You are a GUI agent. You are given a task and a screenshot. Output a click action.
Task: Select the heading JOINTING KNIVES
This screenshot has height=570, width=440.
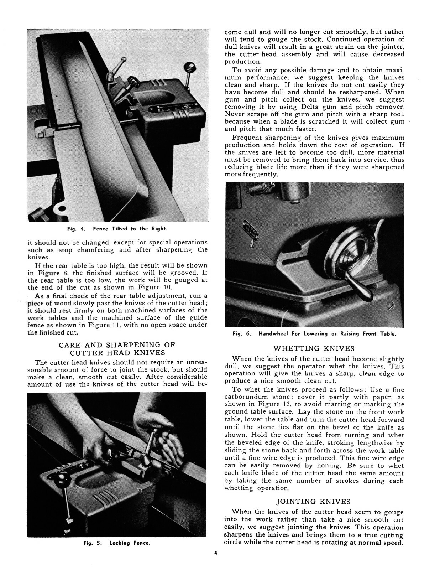314,502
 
